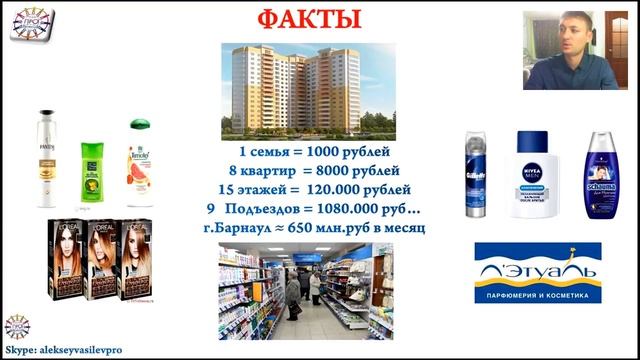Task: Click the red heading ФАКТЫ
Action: [319, 20]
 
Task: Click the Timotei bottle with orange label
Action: [139, 161]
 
